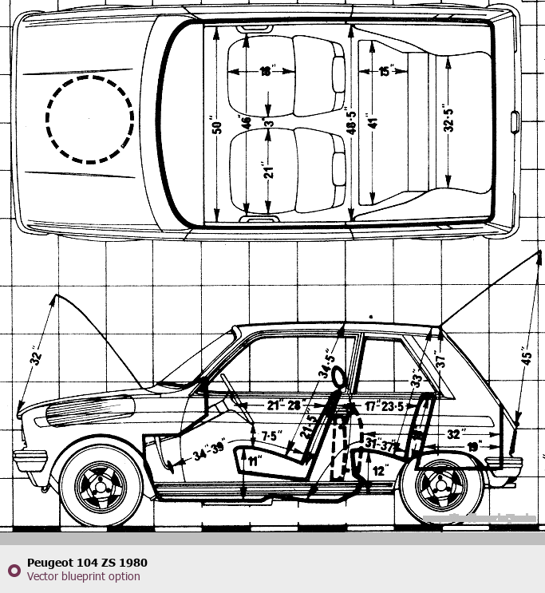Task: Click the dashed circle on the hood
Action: coord(89,120)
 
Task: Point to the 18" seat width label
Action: coord(267,71)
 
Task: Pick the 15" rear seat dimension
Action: coord(386,72)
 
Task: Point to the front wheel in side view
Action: coord(102,484)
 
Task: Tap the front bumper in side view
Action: coord(30,461)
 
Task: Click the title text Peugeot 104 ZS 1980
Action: coord(87,563)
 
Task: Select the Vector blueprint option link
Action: coord(83,576)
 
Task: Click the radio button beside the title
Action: coord(14,570)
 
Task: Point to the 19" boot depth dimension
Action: coord(475,447)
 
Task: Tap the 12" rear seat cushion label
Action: coord(380,472)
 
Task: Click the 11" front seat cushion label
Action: coord(254,461)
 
